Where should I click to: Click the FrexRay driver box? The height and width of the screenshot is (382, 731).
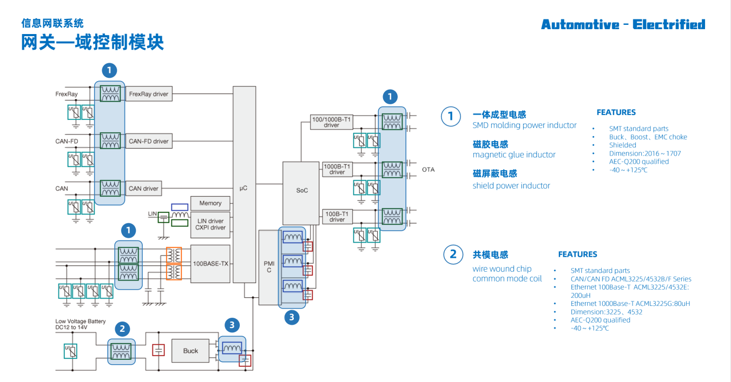[149, 94]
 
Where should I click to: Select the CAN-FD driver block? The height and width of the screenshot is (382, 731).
[149, 142]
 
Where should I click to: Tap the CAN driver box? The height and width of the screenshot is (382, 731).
[143, 189]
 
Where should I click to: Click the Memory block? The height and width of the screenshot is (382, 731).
[210, 203]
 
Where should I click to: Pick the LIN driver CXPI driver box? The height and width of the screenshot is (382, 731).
[210, 224]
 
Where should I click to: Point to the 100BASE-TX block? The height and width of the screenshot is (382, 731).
[210, 264]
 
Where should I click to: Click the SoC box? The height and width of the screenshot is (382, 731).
[301, 191]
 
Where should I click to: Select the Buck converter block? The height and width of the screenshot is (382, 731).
[190, 351]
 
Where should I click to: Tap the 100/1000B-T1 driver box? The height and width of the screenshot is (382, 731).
[331, 122]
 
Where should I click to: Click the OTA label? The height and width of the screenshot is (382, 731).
[428, 170]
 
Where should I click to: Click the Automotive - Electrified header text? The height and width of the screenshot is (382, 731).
[623, 25]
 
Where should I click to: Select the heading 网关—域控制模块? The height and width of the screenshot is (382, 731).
[93, 42]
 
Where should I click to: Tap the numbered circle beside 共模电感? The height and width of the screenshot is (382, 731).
[453, 254]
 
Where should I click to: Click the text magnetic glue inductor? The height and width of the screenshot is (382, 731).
[513, 155]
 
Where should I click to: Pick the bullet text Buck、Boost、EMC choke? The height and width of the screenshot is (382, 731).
[648, 137]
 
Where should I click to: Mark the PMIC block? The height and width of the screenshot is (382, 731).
[268, 266]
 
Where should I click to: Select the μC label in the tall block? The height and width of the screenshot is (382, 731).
[243, 188]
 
